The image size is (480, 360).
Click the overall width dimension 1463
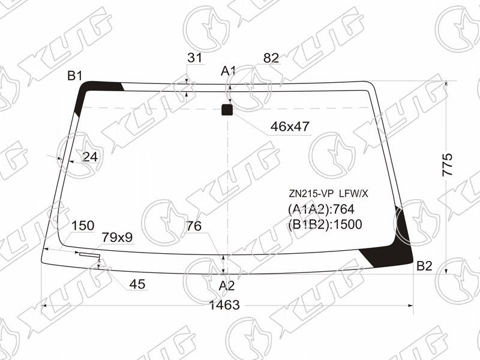click(x=224, y=305)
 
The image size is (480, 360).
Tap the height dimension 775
click(x=447, y=164)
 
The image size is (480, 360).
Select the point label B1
click(x=75, y=76)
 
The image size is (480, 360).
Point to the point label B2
click(x=424, y=266)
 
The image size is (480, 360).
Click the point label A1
click(x=228, y=71)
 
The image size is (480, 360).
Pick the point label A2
click(x=227, y=286)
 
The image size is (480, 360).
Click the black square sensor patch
click(x=227, y=110)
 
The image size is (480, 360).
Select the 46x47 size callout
click(x=290, y=126)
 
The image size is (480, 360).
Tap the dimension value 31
click(x=194, y=58)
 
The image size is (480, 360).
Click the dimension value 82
click(x=271, y=58)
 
